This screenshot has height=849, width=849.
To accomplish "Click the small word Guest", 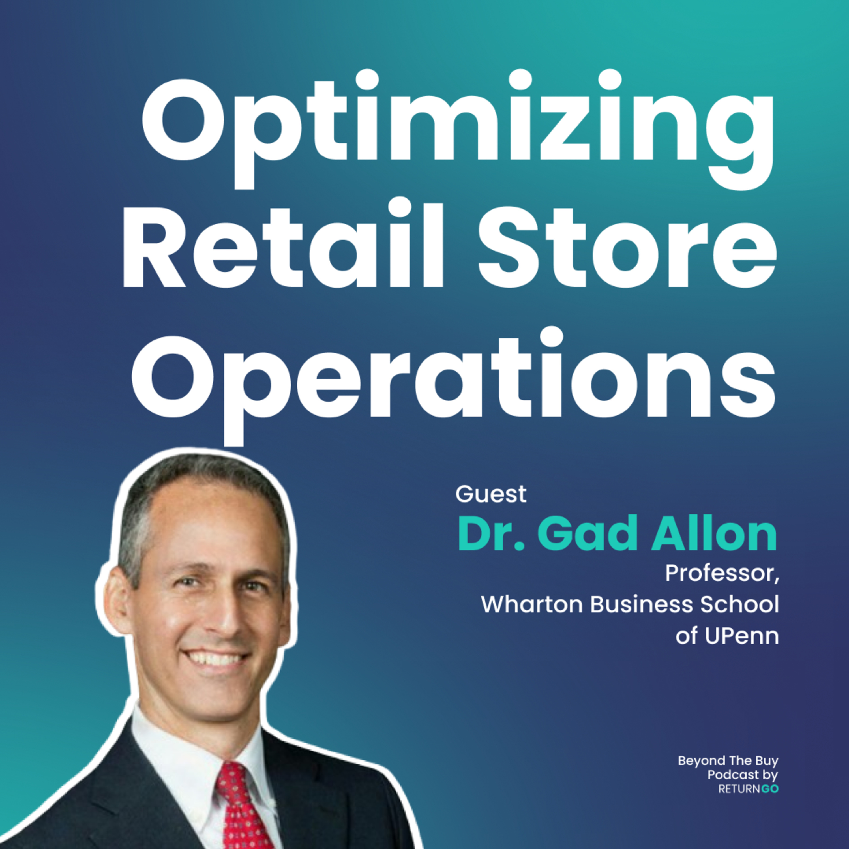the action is tap(491, 494).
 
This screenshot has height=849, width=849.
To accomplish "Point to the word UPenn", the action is tap(742, 636).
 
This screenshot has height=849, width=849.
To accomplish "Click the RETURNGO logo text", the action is tap(748, 789).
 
